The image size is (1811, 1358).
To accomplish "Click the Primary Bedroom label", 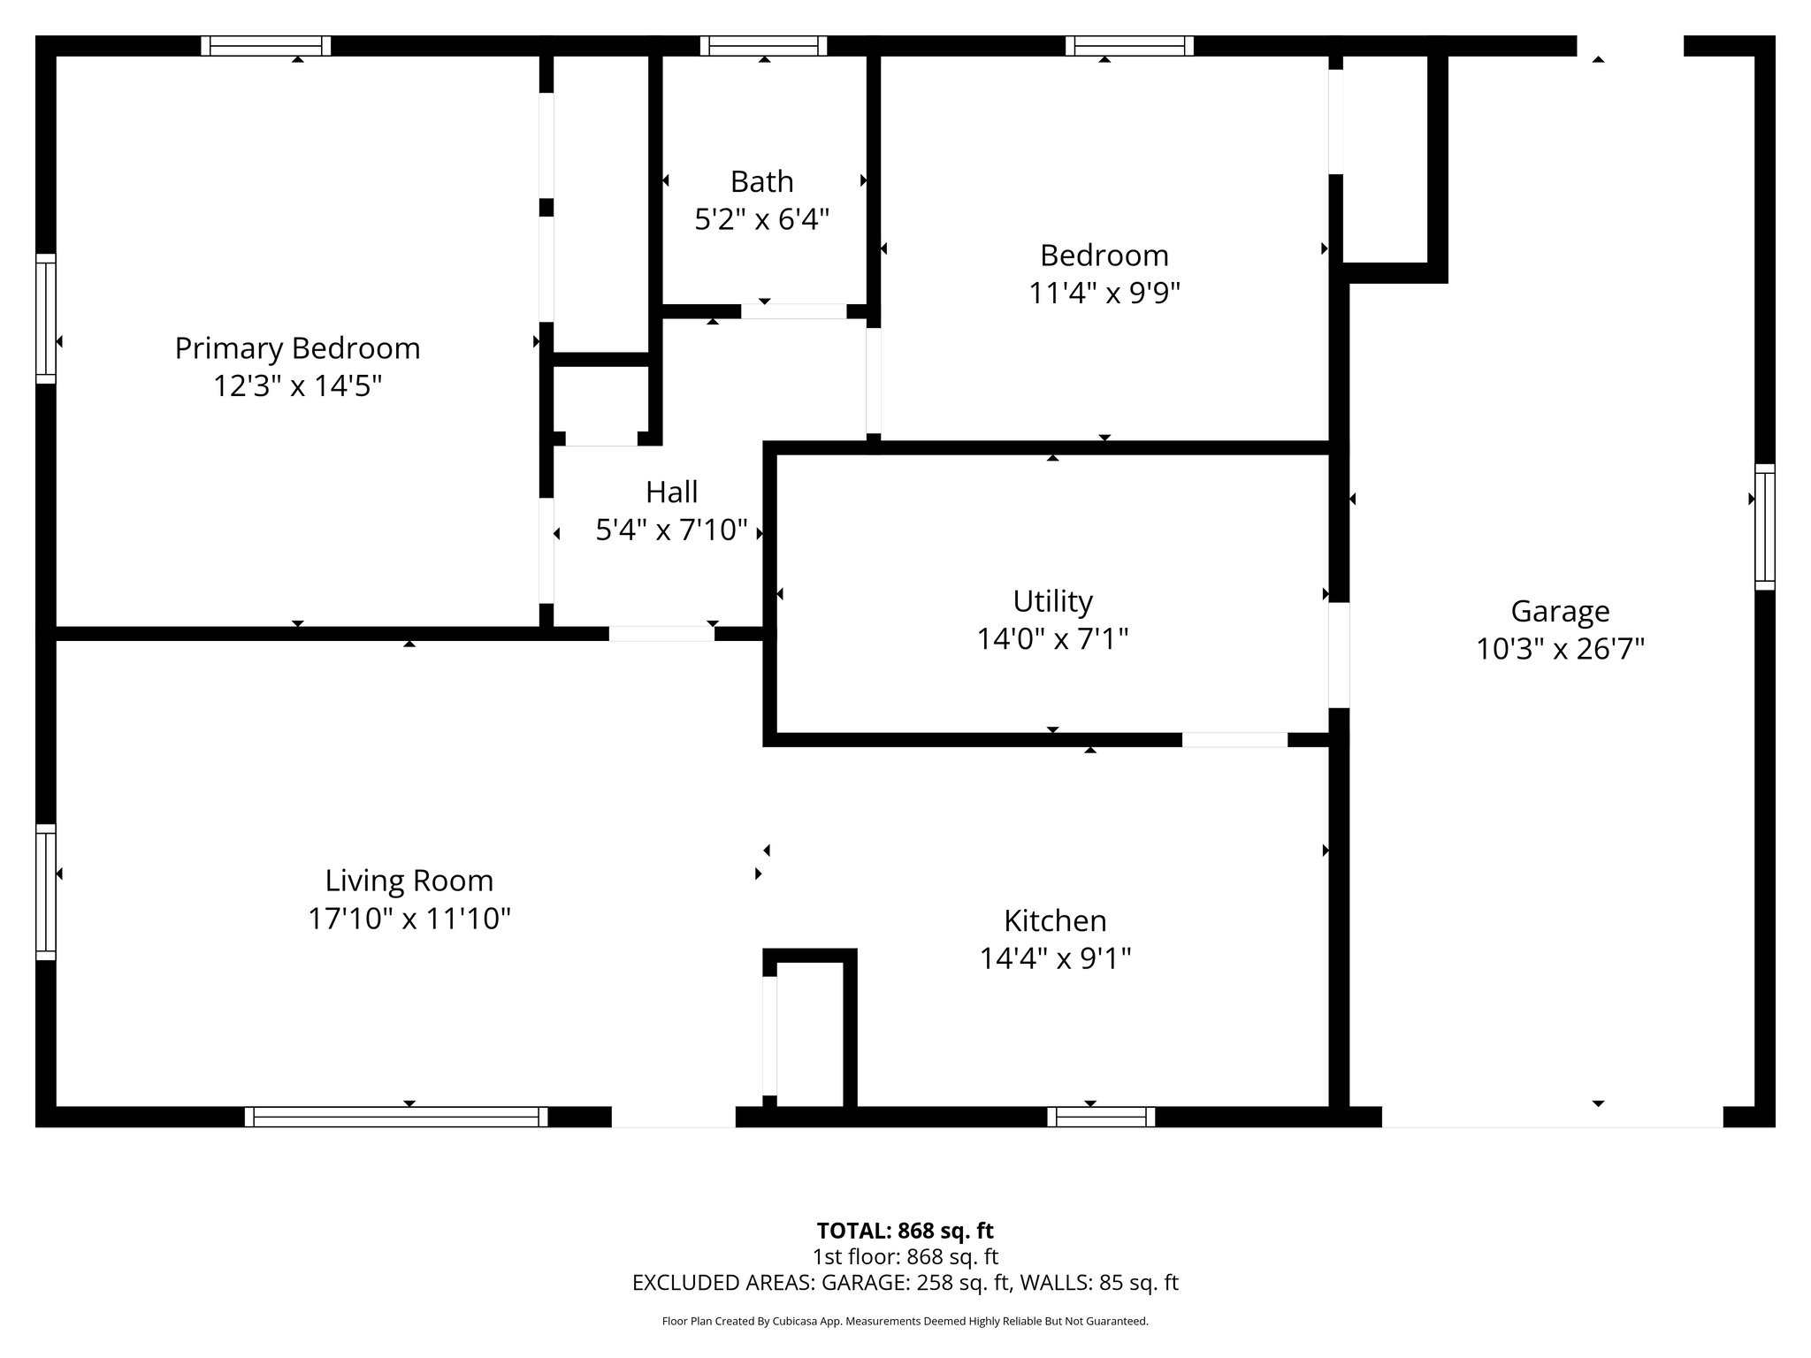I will click(297, 348).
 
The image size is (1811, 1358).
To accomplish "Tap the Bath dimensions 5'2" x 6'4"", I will click(761, 218).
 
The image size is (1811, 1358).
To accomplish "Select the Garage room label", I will click(1560, 611).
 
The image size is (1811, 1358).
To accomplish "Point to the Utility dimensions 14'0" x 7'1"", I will click(1052, 638).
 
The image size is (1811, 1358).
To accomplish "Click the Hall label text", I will click(671, 492).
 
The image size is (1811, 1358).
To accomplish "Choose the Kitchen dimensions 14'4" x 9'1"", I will click(1055, 957).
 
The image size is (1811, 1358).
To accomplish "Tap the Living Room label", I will click(409, 881).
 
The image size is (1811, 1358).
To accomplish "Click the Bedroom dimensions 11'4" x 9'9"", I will click(1104, 292).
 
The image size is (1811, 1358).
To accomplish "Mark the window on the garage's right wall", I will click(1764, 526).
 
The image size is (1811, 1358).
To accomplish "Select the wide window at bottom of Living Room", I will click(395, 1117).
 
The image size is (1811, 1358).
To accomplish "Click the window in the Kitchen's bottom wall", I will click(1101, 1117).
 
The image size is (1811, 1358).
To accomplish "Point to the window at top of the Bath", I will click(763, 46).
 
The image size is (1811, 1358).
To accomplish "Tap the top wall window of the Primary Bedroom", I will click(265, 46).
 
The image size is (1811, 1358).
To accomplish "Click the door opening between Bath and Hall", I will click(793, 311).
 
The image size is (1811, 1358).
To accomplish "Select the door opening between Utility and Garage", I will click(1339, 654).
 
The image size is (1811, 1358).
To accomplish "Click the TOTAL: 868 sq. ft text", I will click(905, 1231).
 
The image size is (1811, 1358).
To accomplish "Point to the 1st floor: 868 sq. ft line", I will click(905, 1256).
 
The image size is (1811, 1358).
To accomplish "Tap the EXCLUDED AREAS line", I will click(905, 1283).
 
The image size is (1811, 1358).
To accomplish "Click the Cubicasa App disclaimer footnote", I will click(905, 1322).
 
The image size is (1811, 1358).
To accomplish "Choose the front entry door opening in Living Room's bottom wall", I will click(673, 1117).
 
